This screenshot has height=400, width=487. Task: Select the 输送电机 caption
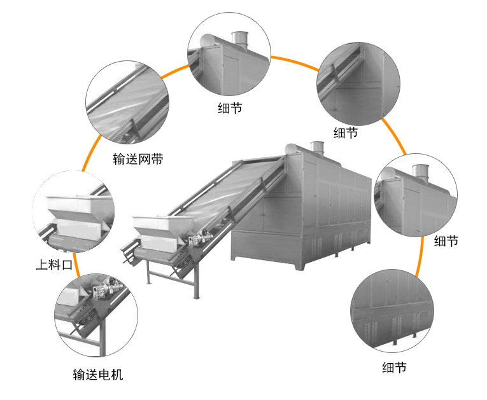[98, 375]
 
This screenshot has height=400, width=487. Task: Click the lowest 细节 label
[394, 367]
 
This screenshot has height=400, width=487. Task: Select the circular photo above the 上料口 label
[73, 210]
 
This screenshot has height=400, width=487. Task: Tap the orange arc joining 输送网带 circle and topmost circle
[175, 69]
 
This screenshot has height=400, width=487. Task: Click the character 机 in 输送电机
[116, 375]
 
